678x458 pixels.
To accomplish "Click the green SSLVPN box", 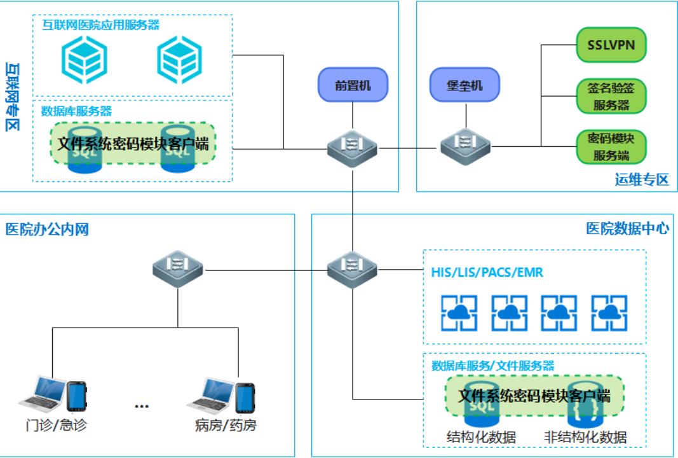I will (x=611, y=45).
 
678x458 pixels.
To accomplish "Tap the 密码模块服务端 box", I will (x=611, y=147).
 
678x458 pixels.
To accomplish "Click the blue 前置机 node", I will (x=352, y=85).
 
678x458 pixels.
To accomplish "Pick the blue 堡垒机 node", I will (x=464, y=85).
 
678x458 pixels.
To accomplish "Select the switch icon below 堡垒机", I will (x=466, y=144).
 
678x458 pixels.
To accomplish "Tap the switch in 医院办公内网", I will (x=177, y=270).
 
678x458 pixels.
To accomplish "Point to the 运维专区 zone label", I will (x=642, y=179).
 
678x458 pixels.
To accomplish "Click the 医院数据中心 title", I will (x=627, y=228).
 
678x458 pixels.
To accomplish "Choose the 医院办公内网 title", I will (x=47, y=229).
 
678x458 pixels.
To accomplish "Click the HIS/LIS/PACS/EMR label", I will (x=487, y=273).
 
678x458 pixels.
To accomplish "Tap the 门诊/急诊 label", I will (x=57, y=425).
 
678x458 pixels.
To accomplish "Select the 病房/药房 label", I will (x=226, y=425).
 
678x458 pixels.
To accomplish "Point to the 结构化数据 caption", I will (x=481, y=437).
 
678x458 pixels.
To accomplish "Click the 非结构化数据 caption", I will (x=585, y=437).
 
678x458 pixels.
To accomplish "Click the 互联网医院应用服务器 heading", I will (x=100, y=25).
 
